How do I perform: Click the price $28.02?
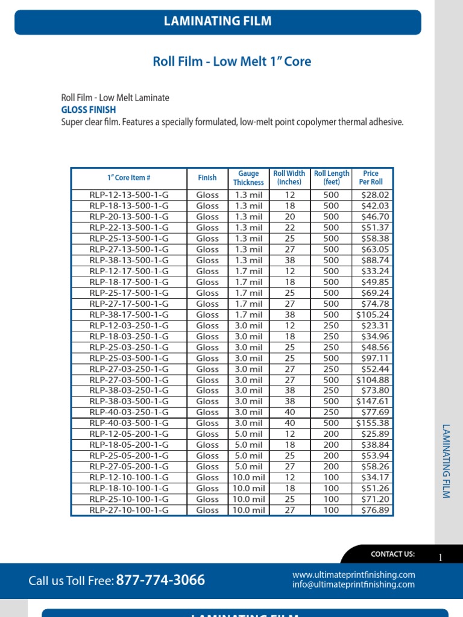tap(376, 195)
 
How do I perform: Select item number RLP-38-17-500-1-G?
tap(129, 315)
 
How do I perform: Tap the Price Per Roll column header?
tap(371, 178)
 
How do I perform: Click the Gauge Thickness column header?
tap(248, 178)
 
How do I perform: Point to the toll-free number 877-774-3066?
tap(160, 580)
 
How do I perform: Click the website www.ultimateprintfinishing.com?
tap(353, 575)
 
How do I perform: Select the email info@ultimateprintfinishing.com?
tap(353, 584)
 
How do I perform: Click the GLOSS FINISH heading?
tap(89, 110)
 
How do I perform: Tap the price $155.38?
tap(373, 423)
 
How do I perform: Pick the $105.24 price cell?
tap(373, 315)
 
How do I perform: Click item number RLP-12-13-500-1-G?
tap(129, 195)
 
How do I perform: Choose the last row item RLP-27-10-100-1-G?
tap(129, 510)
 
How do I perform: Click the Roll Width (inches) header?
tap(289, 178)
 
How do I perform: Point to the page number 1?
tap(441, 558)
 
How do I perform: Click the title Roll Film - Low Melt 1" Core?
tap(232, 61)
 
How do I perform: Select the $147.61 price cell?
tap(373, 401)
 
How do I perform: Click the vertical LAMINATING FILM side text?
tap(446, 462)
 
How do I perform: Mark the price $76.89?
tap(376, 510)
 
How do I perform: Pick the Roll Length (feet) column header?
tap(332, 178)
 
